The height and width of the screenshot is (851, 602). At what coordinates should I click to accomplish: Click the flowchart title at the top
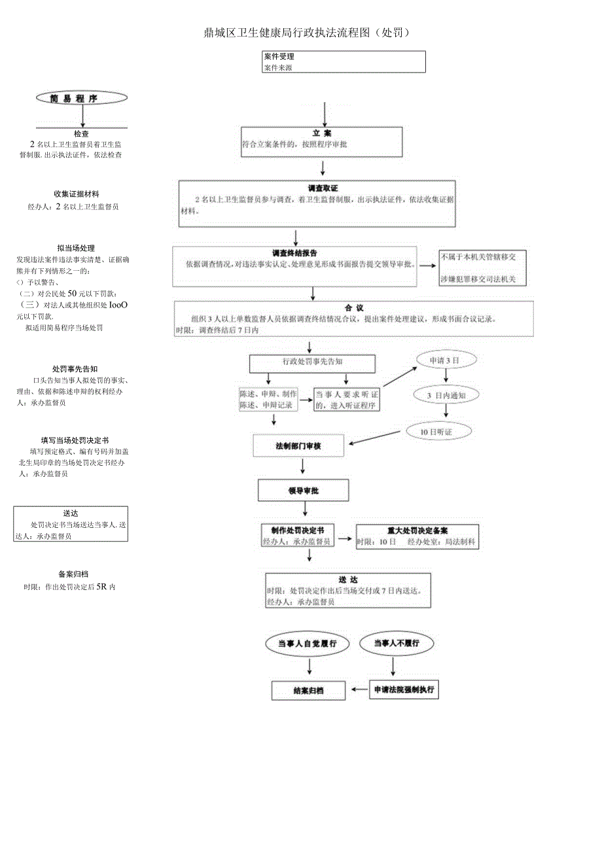307,33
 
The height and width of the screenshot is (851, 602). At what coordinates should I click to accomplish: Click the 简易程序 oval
82,98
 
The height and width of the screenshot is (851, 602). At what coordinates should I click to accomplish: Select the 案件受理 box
343,61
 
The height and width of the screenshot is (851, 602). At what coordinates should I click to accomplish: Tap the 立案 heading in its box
322,133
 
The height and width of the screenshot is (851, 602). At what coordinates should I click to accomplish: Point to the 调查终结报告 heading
295,253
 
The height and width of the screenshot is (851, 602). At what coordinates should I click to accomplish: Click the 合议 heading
353,307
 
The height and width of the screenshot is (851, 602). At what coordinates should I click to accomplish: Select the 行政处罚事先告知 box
312,362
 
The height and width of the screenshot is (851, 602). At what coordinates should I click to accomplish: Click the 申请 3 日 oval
444,361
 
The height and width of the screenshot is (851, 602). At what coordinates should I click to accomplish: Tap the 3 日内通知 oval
446,395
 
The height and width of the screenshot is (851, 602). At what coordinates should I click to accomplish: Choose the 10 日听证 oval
438,432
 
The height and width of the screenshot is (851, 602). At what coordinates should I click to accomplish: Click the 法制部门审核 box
298,446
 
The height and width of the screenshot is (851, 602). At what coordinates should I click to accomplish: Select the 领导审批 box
303,490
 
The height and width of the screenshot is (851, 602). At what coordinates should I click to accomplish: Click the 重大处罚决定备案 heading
417,530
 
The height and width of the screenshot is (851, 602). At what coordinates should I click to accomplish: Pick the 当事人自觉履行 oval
307,644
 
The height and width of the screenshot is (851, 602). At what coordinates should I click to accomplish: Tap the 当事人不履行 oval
396,644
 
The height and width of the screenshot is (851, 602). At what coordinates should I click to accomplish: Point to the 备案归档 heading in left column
73,574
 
